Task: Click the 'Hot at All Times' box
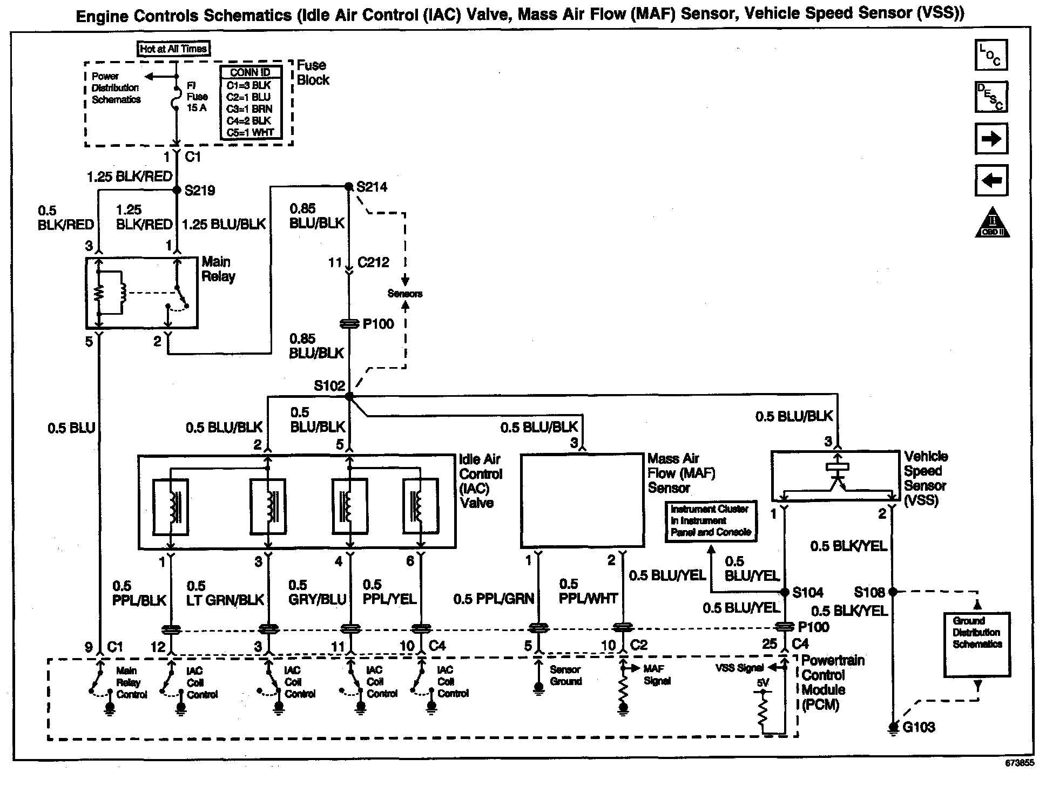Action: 173,49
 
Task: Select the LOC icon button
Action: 991,55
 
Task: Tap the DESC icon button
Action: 991,97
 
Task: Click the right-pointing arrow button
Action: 991,139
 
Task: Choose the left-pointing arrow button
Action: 991,180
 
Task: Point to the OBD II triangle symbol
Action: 993,223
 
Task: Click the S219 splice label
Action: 200,190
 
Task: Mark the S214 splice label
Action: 372,187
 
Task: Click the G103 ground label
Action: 919,727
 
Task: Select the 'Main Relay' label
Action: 219,269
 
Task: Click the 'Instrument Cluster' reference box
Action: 710,520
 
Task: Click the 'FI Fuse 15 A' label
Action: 197,97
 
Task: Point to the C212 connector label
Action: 374,262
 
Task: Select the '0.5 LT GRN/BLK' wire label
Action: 225,593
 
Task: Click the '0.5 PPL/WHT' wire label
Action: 588,591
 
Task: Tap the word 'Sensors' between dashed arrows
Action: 405,294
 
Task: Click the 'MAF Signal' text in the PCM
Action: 657,675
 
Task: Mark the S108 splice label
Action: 869,592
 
